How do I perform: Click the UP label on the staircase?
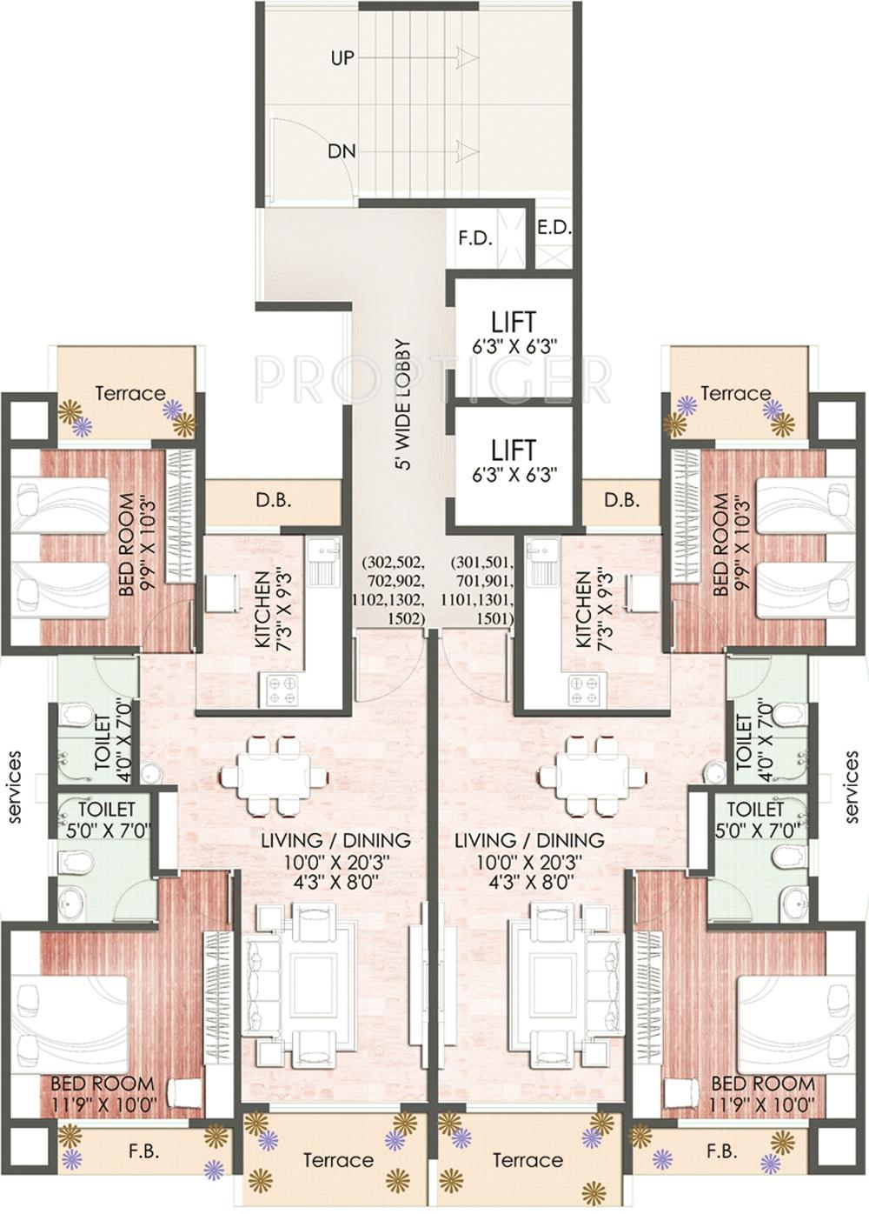click(x=342, y=58)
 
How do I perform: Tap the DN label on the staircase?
click(x=342, y=151)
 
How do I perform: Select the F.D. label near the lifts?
click(x=475, y=238)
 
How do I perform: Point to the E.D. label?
click(x=554, y=228)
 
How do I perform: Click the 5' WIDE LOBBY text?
click(x=402, y=404)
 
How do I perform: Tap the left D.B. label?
click(x=273, y=501)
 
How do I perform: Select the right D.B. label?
click(x=621, y=501)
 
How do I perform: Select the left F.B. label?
click(x=143, y=1151)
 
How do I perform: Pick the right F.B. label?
click(x=721, y=1151)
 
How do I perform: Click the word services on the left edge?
click(x=15, y=786)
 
